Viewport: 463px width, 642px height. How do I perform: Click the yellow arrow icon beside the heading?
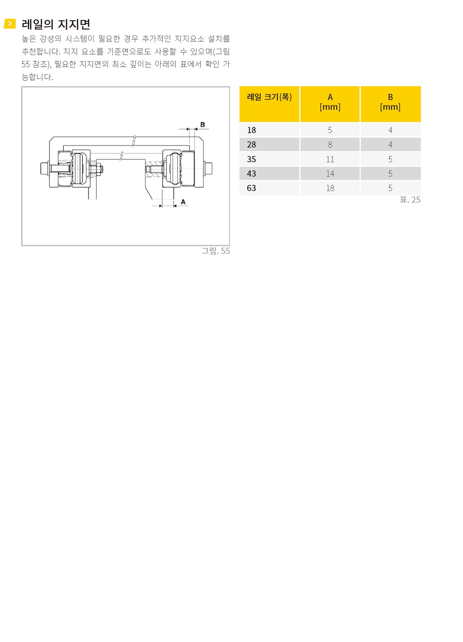[9, 24]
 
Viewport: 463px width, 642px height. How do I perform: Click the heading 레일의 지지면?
[56, 24]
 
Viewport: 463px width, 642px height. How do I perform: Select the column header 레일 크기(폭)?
[269, 97]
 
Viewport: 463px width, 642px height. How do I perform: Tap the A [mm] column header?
[330, 102]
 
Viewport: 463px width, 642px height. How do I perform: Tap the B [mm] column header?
[390, 102]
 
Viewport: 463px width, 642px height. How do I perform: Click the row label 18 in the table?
[251, 130]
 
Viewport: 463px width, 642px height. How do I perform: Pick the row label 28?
[251, 145]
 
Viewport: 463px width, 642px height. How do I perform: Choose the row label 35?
[251, 159]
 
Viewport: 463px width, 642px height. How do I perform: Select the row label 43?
[251, 173]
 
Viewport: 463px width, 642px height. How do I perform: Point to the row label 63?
[251, 188]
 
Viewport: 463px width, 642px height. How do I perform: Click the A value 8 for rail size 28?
[330, 145]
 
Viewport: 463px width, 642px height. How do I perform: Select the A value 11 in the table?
[330, 159]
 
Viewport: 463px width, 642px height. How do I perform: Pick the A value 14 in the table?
[330, 173]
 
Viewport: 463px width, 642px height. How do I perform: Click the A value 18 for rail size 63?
[330, 188]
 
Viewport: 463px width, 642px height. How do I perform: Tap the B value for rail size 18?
[390, 130]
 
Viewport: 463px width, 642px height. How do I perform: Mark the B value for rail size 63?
[390, 188]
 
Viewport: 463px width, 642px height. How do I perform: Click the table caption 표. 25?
[410, 200]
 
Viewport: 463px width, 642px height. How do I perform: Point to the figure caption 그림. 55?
[215, 251]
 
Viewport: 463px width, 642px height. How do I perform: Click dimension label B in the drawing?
[203, 125]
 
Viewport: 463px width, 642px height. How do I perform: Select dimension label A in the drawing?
[183, 202]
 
